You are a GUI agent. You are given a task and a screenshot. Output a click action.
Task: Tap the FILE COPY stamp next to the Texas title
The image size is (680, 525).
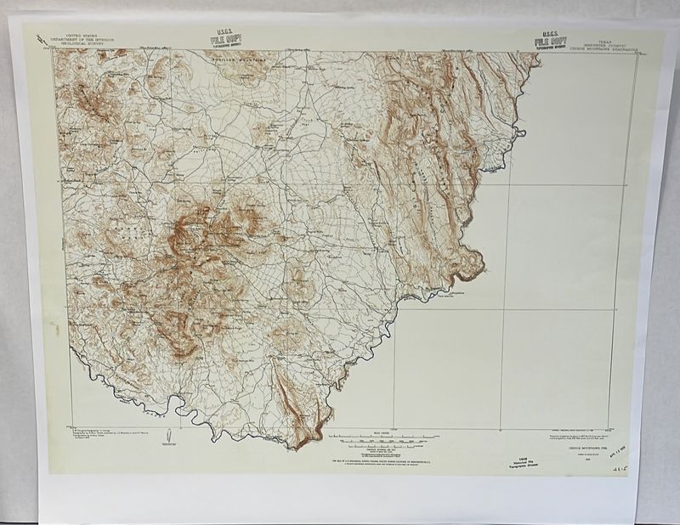tap(551, 40)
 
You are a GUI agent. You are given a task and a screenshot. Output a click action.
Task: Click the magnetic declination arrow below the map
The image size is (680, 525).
tap(169, 441)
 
